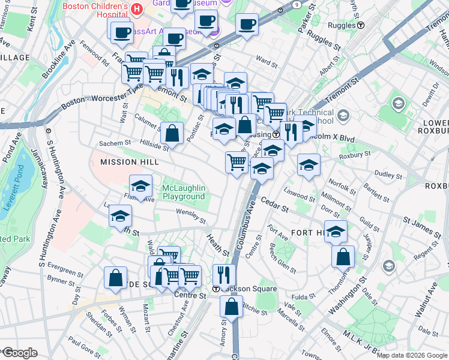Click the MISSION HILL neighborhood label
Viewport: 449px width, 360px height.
129,162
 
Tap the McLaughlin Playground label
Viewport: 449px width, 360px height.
184,192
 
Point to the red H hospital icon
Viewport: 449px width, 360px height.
137,10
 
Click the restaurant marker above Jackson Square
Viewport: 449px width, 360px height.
224,275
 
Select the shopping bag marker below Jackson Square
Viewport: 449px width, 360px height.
232,306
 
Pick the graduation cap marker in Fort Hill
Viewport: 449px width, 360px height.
336,230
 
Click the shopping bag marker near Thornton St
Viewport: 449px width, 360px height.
342,256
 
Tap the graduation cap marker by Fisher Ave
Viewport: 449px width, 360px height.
140,187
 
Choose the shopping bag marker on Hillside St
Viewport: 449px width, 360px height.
172,134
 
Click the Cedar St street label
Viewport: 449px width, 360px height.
275,209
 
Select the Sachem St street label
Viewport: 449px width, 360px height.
115,143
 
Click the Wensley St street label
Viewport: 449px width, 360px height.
191,212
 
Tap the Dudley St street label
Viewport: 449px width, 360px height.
388,175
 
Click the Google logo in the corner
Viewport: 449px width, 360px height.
19,352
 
